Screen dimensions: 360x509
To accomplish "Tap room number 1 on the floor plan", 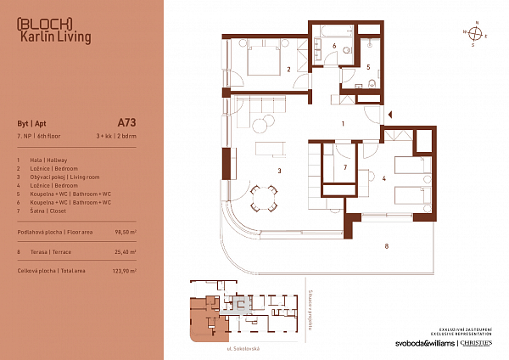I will click(342, 124).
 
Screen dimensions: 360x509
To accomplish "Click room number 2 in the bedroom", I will click(289, 70).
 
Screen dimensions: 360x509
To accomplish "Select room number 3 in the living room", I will click(278, 171).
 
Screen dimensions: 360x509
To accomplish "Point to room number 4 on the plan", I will click(384, 178).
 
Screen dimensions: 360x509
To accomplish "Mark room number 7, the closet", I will click(345, 168).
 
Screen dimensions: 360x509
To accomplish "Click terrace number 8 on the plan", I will click(386, 247).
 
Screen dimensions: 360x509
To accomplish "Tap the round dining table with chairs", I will click(262, 200).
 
